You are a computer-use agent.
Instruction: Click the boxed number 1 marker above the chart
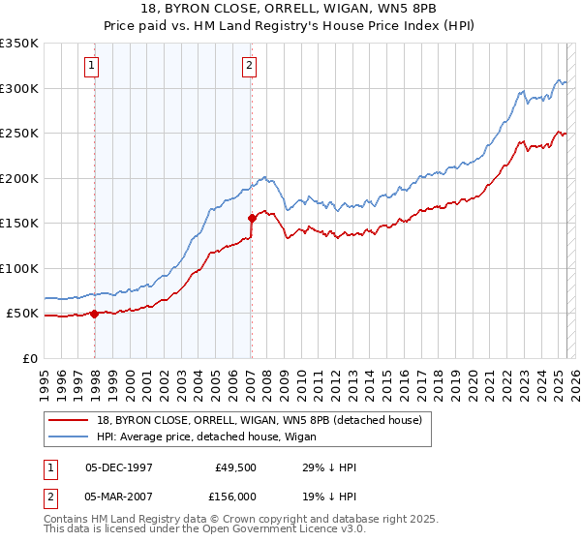point(91,66)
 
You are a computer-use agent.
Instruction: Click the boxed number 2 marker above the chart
point(249,66)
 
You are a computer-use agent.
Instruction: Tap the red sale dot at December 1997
point(95,314)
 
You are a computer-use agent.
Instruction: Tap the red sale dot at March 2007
point(252,218)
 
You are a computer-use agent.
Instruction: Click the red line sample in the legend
point(70,420)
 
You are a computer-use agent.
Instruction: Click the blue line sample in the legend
point(70,437)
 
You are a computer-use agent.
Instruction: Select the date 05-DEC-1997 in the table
point(118,467)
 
